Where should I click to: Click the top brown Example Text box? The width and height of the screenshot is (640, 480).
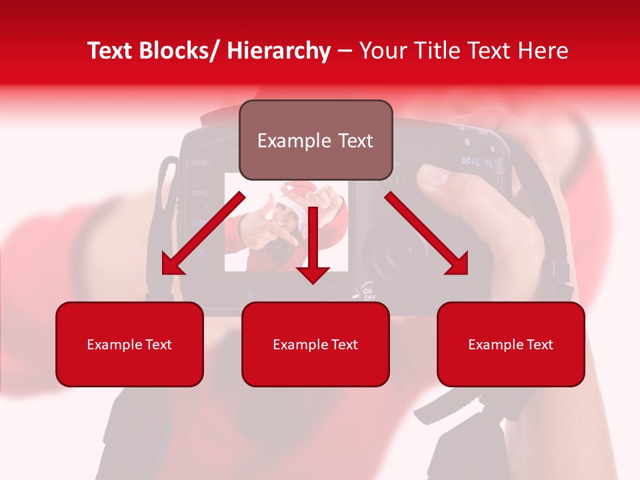click(x=315, y=140)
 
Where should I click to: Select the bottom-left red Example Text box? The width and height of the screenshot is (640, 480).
click(x=129, y=344)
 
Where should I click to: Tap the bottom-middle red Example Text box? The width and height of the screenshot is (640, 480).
click(x=315, y=344)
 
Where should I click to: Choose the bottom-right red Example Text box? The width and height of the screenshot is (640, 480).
click(x=511, y=344)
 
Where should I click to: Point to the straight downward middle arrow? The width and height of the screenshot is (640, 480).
click(x=313, y=247)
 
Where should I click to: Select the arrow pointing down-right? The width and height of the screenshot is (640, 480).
click(x=427, y=233)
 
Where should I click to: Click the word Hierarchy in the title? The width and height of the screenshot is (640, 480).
click(x=279, y=51)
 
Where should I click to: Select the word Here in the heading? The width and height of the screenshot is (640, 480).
click(x=543, y=51)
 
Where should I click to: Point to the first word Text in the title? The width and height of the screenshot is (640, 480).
click(x=110, y=51)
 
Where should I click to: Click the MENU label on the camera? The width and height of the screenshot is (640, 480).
click(x=201, y=162)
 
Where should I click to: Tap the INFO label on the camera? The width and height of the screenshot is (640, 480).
click(x=199, y=193)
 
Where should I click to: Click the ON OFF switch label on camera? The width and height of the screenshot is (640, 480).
click(x=369, y=293)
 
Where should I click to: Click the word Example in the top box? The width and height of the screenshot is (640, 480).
click(x=285, y=140)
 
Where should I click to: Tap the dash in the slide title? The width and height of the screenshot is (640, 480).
click(x=345, y=51)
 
